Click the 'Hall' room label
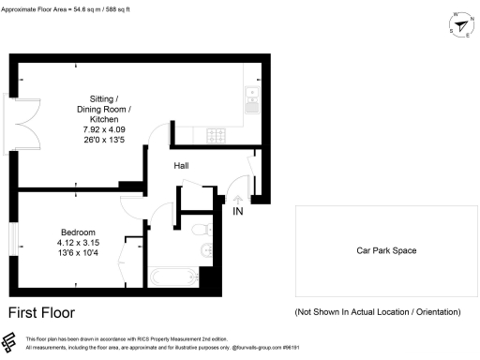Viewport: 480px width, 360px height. (184, 166)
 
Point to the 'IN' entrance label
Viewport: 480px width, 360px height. (239, 211)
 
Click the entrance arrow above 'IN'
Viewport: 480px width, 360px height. (238, 199)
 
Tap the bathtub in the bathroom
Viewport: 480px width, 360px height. (172, 277)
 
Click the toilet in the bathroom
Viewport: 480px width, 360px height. (198, 230)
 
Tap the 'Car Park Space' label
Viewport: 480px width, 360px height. (385, 250)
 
